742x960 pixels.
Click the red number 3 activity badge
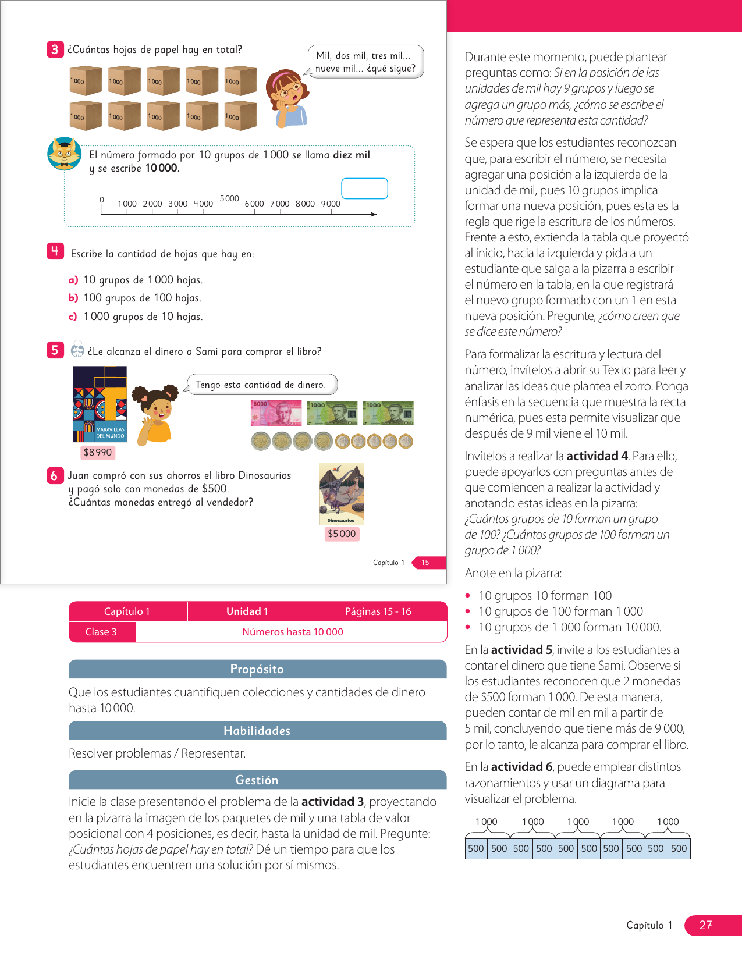55,49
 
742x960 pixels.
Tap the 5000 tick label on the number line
229,198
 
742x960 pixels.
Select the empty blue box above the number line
364,189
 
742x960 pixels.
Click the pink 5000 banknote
276,413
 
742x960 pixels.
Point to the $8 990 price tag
97,452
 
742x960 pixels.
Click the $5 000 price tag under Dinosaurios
342,534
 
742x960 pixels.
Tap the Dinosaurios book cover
342,494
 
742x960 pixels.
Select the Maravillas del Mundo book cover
100,404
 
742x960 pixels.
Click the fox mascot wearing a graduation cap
64,154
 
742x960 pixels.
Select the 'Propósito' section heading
257,669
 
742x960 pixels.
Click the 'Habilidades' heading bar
257,731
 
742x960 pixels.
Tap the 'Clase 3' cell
101,632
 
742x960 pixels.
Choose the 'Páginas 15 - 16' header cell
378,611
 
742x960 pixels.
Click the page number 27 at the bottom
705,925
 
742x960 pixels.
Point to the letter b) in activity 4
73,298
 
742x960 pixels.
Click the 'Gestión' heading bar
257,780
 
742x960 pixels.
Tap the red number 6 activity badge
54,475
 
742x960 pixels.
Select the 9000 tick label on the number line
331,204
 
